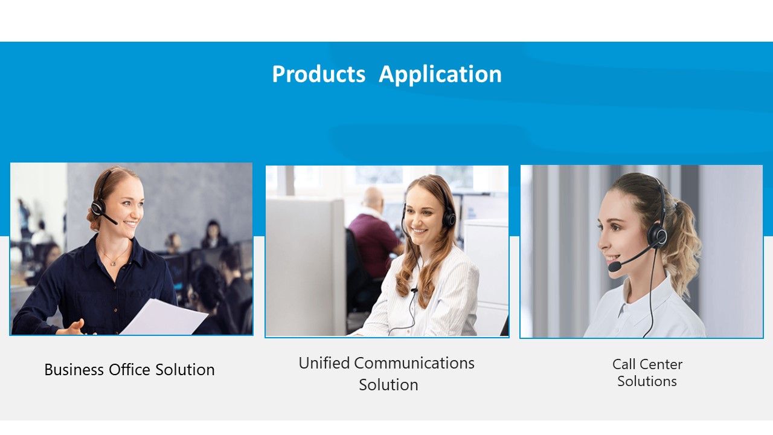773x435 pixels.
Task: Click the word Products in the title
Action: [x=318, y=74]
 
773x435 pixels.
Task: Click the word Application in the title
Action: [x=440, y=75]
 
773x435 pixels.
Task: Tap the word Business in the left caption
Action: [x=74, y=369]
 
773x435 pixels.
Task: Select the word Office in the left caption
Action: [x=129, y=369]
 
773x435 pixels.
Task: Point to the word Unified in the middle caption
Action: [x=324, y=363]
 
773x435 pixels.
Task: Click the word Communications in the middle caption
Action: [x=414, y=363]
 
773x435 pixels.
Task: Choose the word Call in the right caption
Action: [x=624, y=364]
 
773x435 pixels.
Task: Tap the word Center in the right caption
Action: [x=661, y=364]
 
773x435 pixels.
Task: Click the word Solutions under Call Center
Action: [x=647, y=381]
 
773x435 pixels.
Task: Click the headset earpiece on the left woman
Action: [x=98, y=207]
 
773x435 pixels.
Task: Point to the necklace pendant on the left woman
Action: [x=113, y=264]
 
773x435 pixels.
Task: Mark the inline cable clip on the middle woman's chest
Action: [x=414, y=291]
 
